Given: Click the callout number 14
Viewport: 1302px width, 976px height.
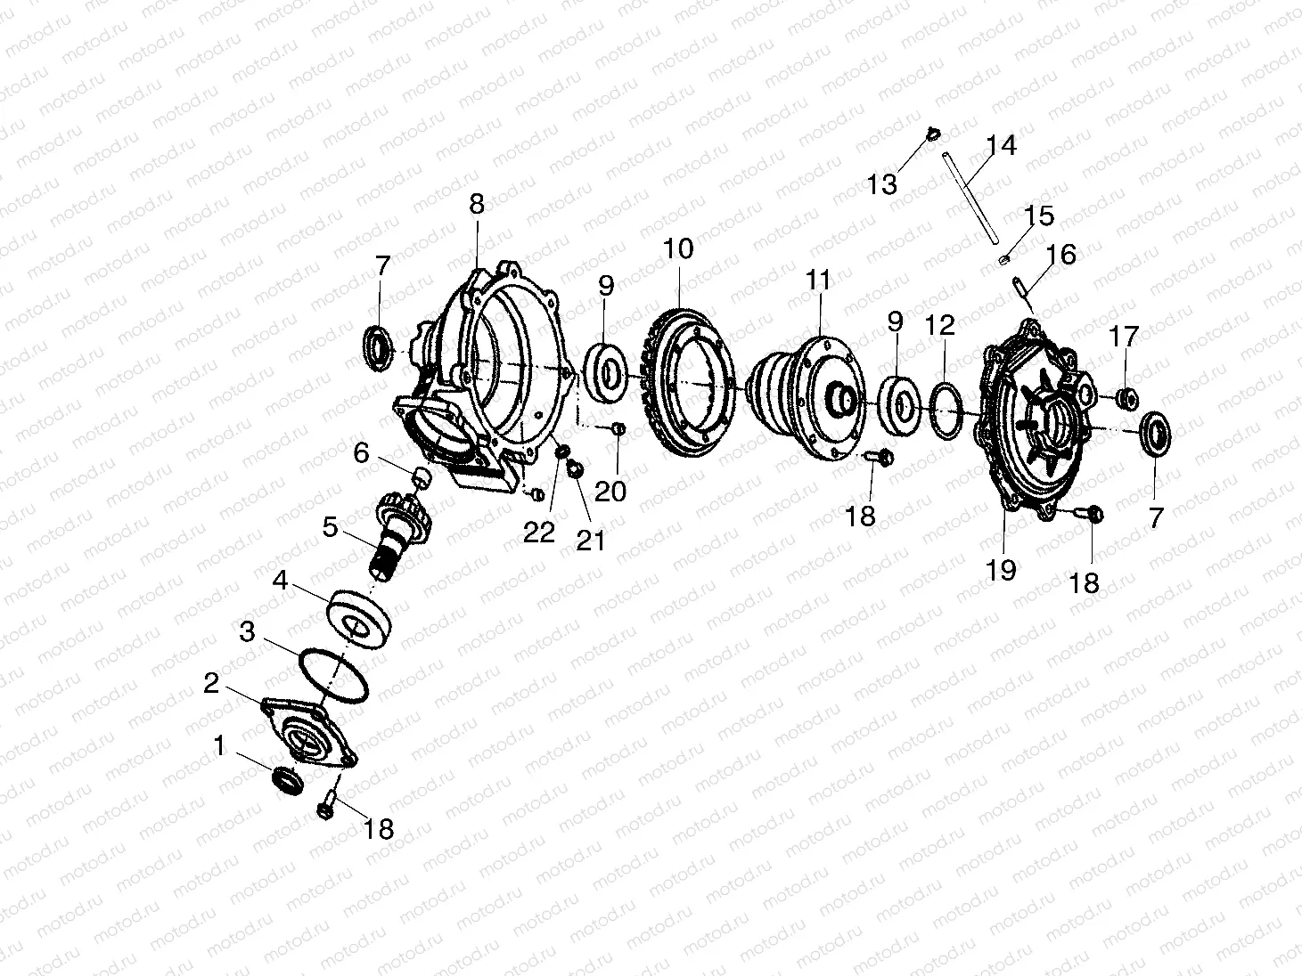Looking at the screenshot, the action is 1001,145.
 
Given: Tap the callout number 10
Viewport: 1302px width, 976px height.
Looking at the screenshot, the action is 677,248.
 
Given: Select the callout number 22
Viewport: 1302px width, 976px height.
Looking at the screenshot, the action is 539,532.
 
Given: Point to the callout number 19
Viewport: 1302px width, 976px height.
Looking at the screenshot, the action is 1002,569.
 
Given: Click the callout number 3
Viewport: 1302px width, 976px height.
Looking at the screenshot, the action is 248,632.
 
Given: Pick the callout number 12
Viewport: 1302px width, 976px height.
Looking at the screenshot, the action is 939,325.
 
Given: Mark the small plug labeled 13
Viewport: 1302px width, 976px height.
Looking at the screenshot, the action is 933,134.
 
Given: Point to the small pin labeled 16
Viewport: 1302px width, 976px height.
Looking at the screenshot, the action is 1020,287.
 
